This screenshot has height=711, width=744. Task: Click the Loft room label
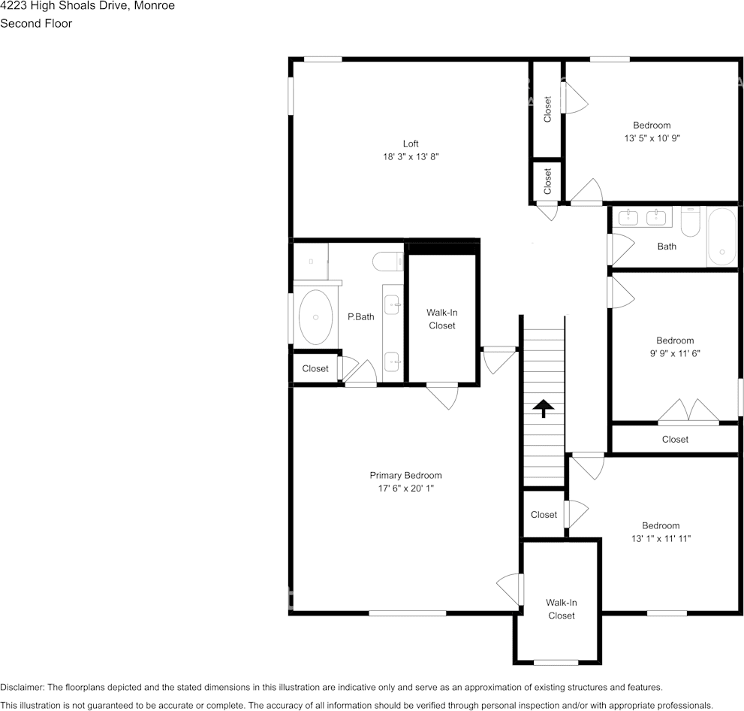411,144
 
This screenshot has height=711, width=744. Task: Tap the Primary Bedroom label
405,476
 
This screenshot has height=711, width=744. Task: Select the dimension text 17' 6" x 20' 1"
405,489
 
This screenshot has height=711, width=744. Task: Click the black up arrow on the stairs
544,408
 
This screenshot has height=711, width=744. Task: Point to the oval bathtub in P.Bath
315,316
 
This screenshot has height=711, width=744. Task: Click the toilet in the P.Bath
387,262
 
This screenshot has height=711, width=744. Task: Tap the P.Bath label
360,316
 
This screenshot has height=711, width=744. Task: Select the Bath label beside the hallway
667,247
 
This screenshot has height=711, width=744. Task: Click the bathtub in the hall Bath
721,237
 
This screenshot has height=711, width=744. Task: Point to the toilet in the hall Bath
691,221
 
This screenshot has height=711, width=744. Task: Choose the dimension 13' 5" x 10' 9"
652,138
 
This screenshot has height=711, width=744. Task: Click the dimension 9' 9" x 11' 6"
675,353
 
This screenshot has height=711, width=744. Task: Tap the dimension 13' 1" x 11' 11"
661,539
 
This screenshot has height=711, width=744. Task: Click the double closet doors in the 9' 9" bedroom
688,411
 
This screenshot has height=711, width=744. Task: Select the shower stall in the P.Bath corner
311,262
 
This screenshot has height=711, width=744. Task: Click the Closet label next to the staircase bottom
544,515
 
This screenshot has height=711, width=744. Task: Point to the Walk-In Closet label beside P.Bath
441,319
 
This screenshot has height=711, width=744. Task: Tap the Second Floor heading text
36,23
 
